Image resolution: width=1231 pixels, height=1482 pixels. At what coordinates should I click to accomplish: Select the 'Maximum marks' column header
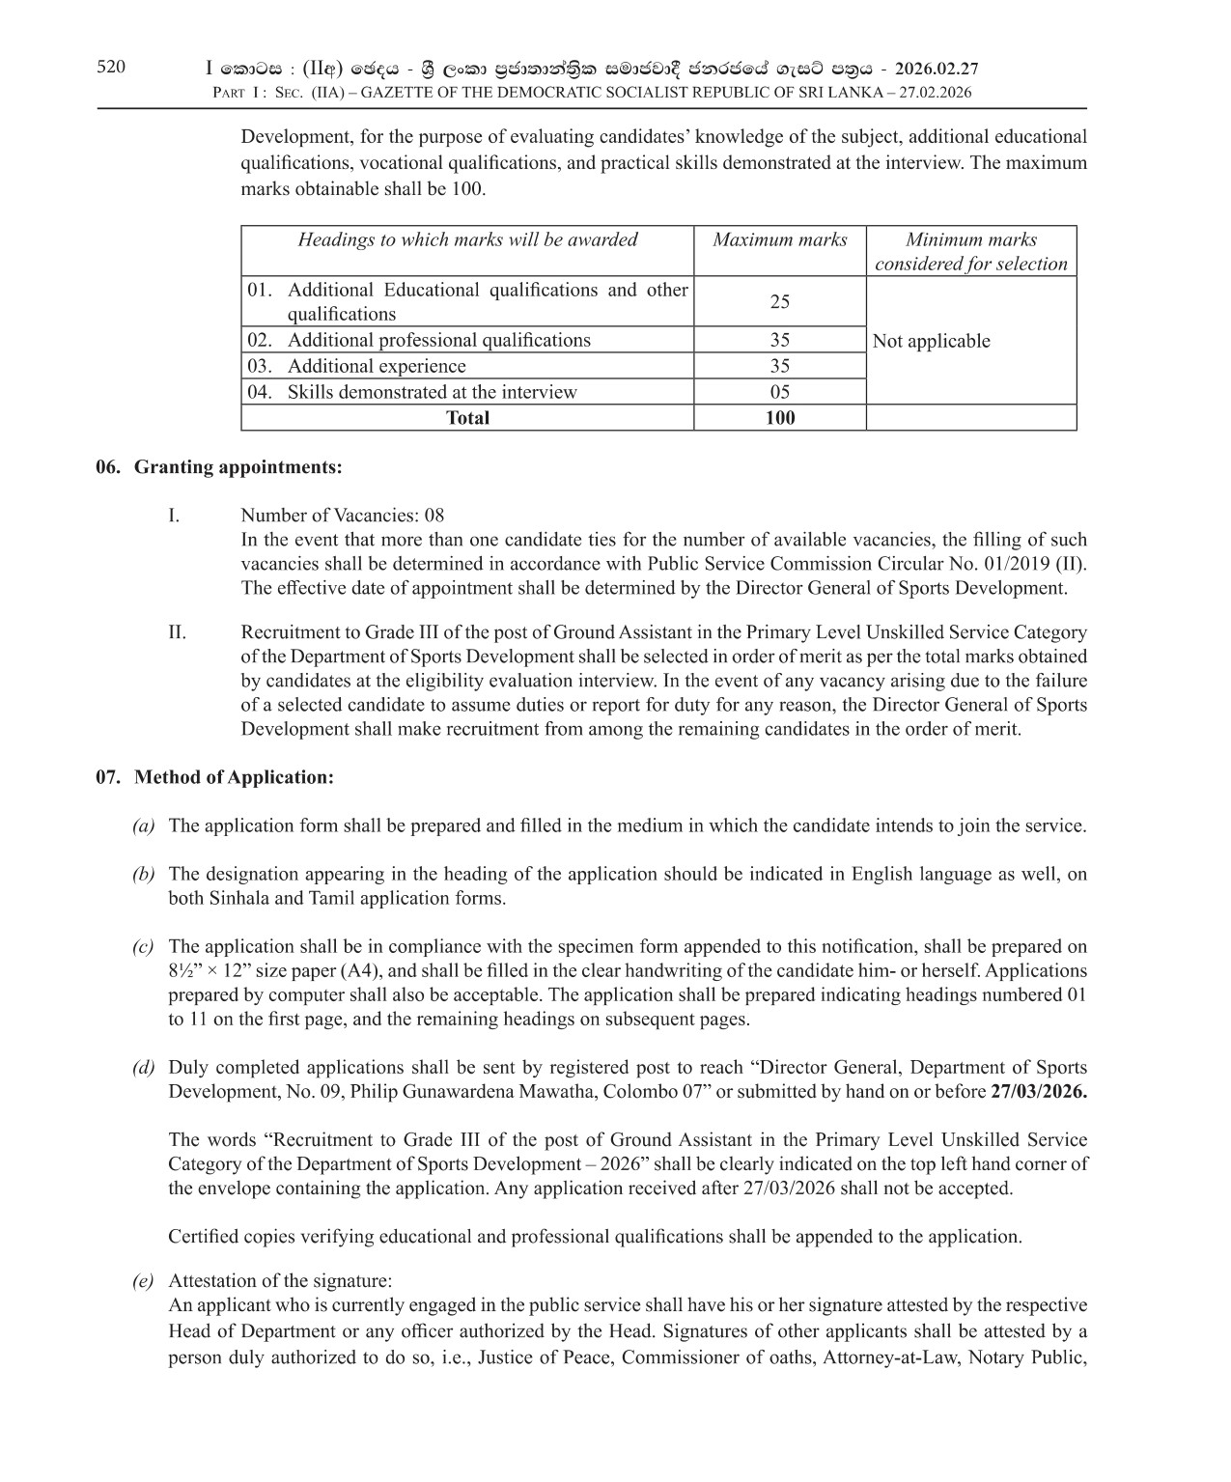coord(779,239)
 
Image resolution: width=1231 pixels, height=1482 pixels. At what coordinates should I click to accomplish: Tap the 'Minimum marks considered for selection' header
coord(970,251)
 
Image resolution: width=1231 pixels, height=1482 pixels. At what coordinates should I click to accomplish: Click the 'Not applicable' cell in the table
coord(931,341)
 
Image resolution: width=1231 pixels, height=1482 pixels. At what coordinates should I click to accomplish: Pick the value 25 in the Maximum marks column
coord(779,301)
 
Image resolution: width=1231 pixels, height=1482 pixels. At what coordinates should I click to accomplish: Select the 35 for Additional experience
coord(779,366)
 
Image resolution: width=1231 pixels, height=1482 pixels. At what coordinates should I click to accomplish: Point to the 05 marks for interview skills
coord(779,392)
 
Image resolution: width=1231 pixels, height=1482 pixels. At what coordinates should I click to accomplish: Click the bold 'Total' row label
coord(467,418)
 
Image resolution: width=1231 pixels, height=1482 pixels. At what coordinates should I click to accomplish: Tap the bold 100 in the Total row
coord(779,418)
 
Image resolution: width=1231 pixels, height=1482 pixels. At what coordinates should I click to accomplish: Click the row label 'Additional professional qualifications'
coord(438,340)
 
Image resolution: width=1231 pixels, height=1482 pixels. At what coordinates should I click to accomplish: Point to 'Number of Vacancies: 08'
coord(342,515)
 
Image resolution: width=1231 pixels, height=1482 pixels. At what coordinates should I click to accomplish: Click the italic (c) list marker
coord(143,947)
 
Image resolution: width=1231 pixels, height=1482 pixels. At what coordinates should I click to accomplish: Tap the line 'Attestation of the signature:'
coord(280,1281)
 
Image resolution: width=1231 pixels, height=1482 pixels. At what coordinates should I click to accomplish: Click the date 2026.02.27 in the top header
coord(937,69)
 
